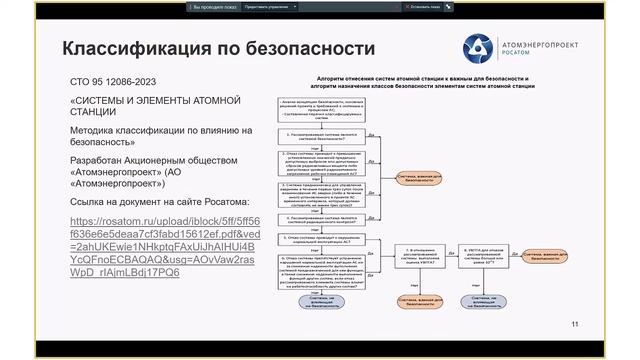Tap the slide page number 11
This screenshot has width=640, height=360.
574,323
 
